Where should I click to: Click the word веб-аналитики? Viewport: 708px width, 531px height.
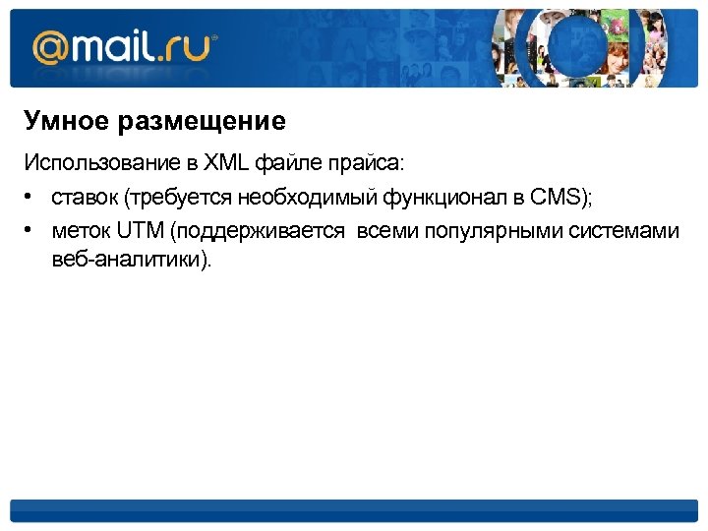click(130, 263)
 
